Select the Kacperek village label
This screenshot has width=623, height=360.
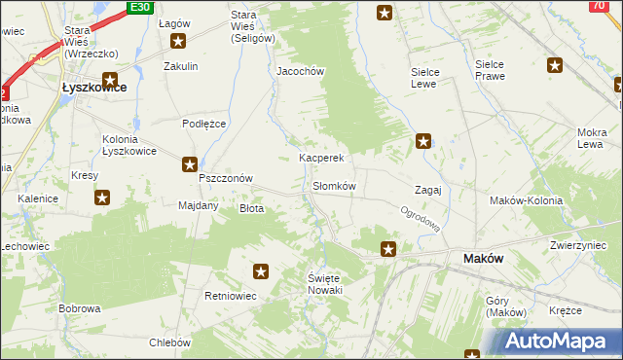322,157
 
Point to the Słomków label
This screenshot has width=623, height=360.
334,186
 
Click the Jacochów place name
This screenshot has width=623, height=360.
300,72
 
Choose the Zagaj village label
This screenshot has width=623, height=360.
428,190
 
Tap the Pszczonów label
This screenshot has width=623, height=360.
226,179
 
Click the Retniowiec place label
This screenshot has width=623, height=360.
231,295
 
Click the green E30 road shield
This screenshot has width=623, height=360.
141,7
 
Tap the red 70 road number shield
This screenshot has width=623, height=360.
598,6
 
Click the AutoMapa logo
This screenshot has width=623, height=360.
559,342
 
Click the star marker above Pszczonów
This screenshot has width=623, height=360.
189,165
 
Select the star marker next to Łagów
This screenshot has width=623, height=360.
178,41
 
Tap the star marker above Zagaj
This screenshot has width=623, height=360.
423,141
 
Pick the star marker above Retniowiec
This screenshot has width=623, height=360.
261,271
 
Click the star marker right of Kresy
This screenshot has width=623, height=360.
102,198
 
